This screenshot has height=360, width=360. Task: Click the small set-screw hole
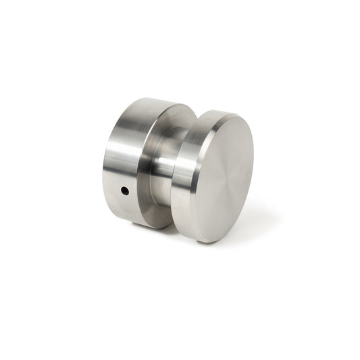125,191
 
